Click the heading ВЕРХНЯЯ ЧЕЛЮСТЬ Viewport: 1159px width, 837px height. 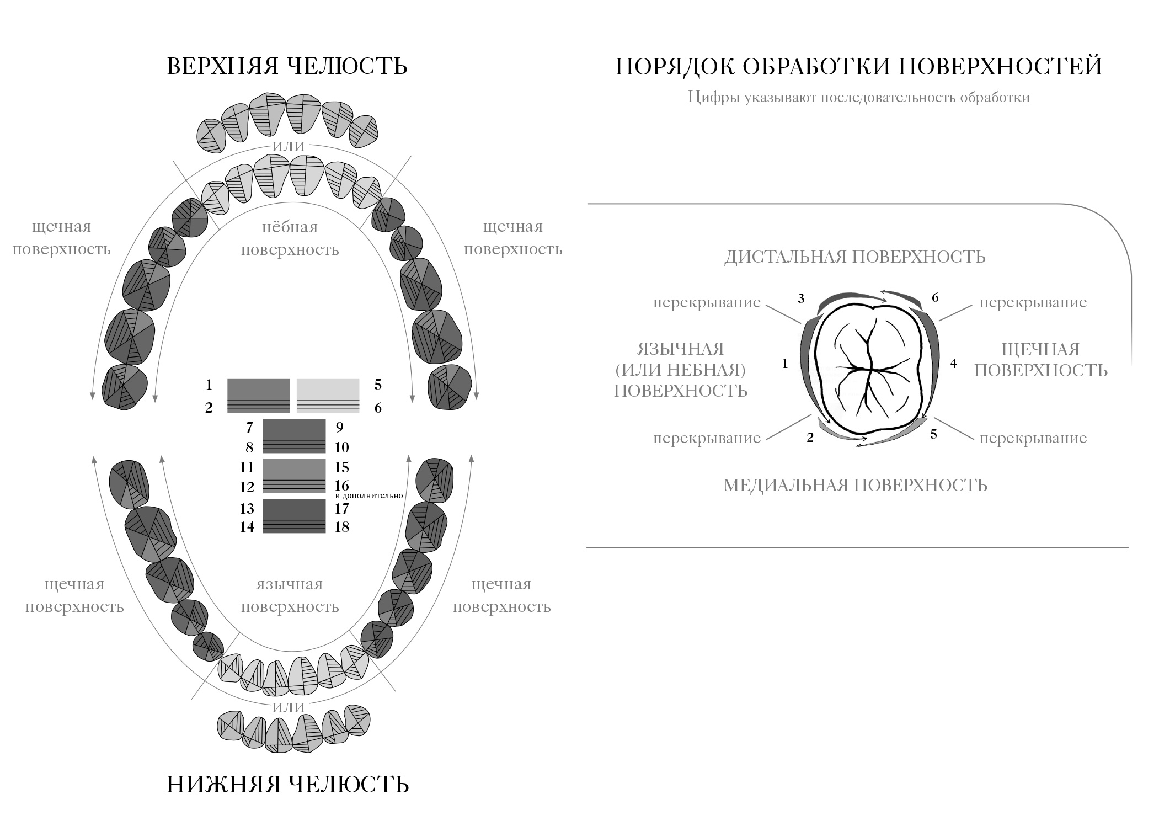tap(287, 66)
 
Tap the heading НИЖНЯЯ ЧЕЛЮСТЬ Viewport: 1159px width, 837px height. tap(287, 784)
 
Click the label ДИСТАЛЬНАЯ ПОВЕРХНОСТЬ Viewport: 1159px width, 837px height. tap(854, 257)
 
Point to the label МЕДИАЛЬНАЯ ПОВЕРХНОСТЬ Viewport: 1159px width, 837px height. tap(855, 485)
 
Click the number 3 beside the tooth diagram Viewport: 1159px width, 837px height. tap(801, 298)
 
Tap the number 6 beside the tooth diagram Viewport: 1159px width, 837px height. tap(935, 297)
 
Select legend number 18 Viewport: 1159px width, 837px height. tap(341, 526)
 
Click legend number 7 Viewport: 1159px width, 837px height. tap(249, 427)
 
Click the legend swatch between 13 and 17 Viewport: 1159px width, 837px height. tap(294, 516)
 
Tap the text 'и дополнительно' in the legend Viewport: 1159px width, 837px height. tap(368, 496)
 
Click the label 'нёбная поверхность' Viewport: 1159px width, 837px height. tap(290, 238)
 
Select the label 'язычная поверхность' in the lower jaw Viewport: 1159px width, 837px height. tap(290, 595)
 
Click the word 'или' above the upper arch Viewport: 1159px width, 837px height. tap(289, 145)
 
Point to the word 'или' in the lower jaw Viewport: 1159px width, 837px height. tap(289, 706)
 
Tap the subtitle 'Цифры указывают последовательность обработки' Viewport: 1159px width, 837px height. tap(858, 98)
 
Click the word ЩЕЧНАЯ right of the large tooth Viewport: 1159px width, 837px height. tap(1040, 349)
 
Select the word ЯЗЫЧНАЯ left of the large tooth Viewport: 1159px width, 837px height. tap(680, 349)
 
